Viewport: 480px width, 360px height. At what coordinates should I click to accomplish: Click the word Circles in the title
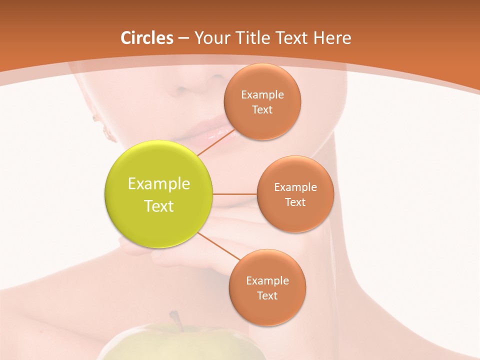tap(146, 38)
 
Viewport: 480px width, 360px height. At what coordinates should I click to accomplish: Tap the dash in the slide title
tap(183, 38)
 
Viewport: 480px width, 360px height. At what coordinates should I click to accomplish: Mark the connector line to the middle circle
tap(234, 194)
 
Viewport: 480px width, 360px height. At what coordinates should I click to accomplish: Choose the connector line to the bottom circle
tap(218, 245)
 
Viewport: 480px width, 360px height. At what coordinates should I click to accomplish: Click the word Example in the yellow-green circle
tap(159, 184)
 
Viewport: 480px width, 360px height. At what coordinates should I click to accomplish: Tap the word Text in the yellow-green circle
tap(159, 206)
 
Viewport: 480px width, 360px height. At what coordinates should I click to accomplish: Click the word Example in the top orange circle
tap(262, 94)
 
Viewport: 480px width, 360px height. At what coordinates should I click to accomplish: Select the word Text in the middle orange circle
tap(295, 202)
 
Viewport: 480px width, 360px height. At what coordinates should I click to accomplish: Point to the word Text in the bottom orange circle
tap(267, 295)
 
